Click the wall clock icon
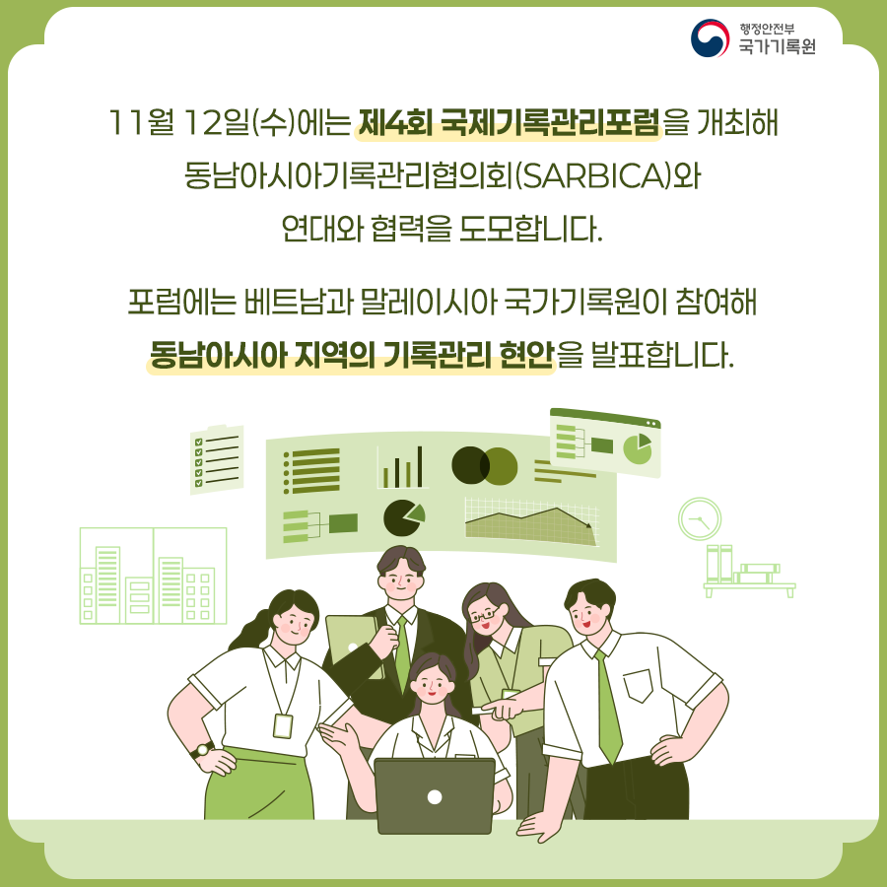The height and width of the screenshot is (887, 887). (x=700, y=518)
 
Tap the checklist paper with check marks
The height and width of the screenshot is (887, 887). (x=216, y=460)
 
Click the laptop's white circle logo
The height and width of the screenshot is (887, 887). (x=434, y=795)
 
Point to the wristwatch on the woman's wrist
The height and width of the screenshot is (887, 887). (x=204, y=749)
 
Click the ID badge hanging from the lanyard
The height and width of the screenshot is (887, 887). (x=283, y=726)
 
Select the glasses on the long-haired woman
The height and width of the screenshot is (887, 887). (x=483, y=615)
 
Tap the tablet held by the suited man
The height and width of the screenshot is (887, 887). (x=351, y=645)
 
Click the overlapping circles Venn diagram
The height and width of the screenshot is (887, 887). (x=484, y=466)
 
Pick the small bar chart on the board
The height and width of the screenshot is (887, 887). (x=403, y=467)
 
